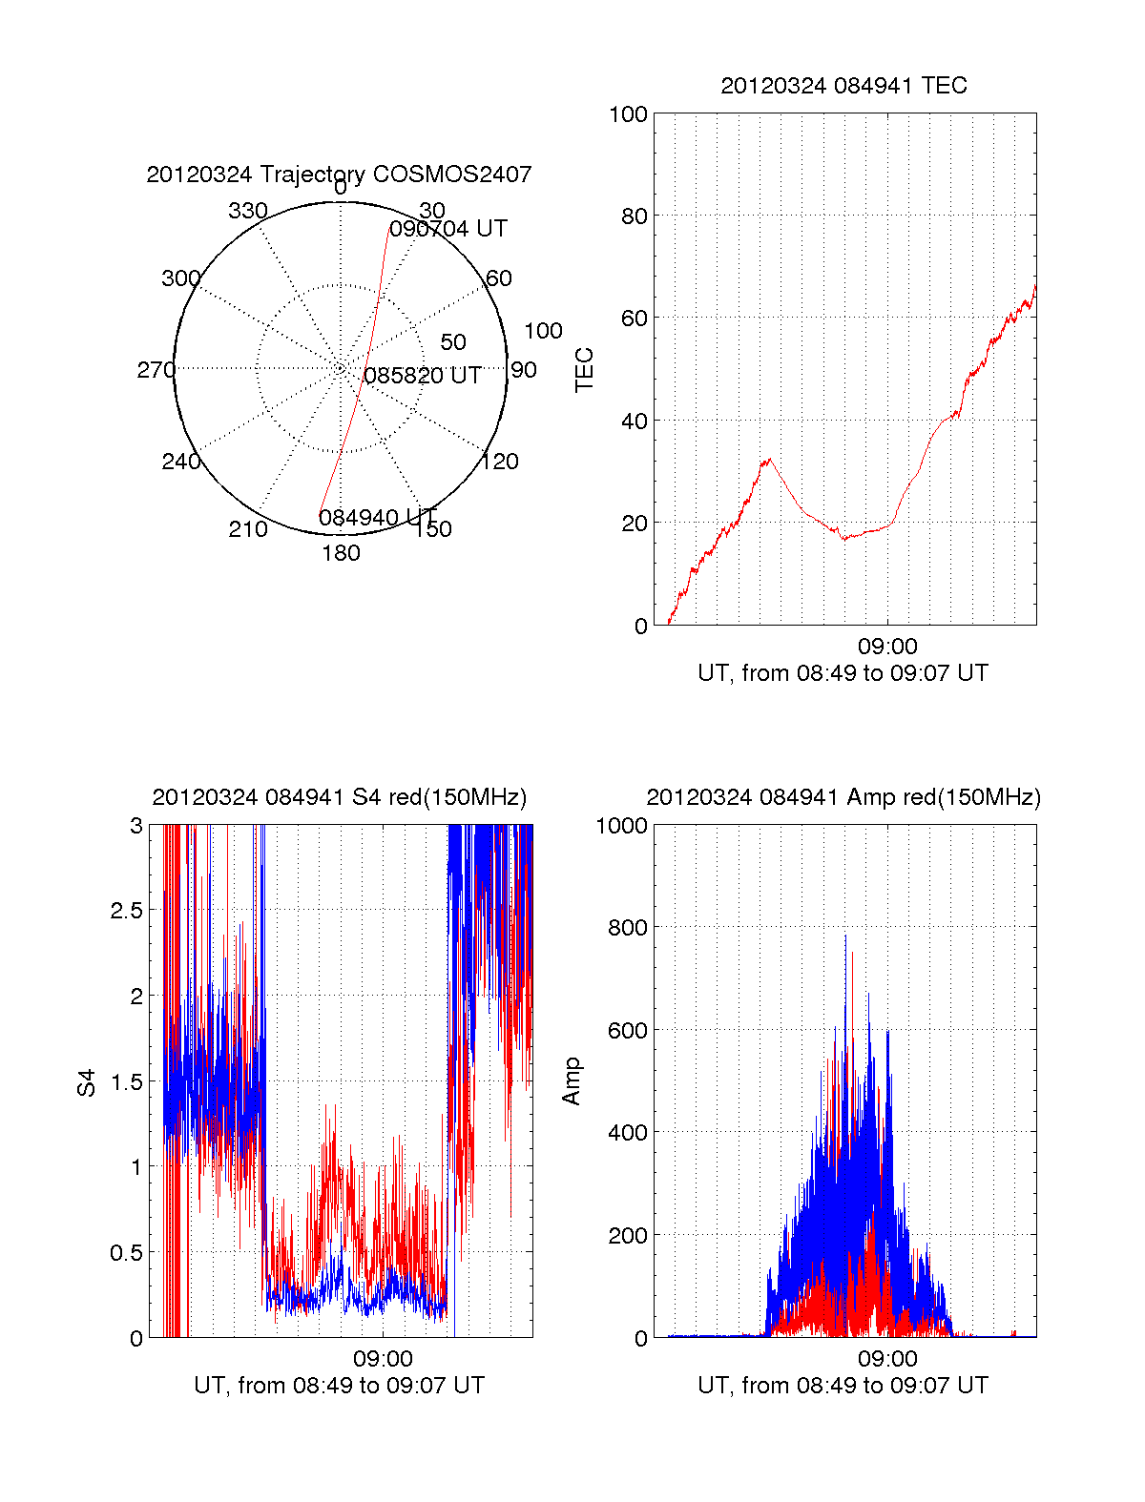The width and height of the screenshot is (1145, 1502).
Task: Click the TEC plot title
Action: click(843, 86)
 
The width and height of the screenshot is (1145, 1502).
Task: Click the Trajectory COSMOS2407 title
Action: click(339, 175)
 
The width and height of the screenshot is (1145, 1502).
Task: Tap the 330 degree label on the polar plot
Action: click(248, 211)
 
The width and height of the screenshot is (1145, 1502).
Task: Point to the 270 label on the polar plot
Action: click(156, 370)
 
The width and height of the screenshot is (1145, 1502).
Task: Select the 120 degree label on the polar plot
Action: click(500, 462)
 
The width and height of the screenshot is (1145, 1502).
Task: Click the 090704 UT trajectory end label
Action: click(448, 229)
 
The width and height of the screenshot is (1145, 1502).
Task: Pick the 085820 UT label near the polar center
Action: click(423, 376)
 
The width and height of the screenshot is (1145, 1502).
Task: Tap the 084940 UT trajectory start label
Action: click(378, 518)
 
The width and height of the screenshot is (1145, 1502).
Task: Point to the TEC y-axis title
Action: click(584, 370)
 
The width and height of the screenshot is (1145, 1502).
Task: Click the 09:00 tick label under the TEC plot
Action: click(887, 647)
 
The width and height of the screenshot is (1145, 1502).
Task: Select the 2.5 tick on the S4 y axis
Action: click(126, 911)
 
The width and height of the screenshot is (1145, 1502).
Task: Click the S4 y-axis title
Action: click(87, 1082)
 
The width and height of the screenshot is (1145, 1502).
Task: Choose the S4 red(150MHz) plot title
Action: click(339, 797)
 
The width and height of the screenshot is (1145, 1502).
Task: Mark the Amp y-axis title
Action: click(571, 1081)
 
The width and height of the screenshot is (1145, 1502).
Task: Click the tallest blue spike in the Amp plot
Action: click(845, 936)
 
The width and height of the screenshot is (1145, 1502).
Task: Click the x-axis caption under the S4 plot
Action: click(339, 1385)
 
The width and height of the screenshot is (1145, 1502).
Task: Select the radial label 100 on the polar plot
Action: click(543, 331)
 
